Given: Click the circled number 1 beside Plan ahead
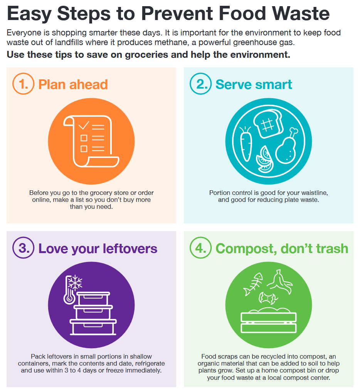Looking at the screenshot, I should [x=24, y=84].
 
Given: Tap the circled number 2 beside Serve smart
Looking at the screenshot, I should [x=201, y=84].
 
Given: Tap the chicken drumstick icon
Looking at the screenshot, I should [x=287, y=147].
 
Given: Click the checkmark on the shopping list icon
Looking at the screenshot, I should [x=84, y=125].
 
